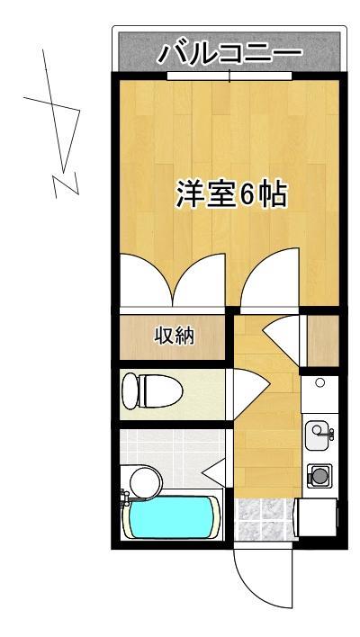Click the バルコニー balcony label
[x=229, y=54]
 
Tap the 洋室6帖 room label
[x=231, y=194]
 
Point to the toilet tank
[x=129, y=391]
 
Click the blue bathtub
[x=174, y=519]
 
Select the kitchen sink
[x=318, y=435]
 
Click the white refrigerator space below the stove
[x=318, y=519]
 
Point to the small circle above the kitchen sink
[x=319, y=383]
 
